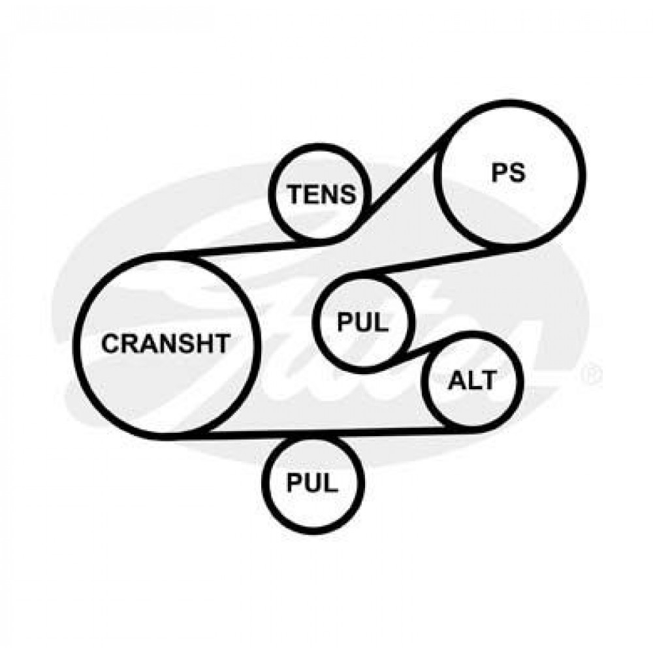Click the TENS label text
[323, 194]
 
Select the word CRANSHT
[167, 343]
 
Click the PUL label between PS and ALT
[362, 321]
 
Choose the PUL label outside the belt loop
[313, 483]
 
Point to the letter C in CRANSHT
[112, 343]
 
